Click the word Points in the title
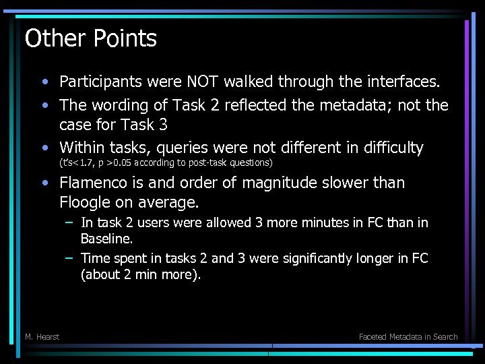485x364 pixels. coord(124,39)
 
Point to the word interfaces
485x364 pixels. coord(402,82)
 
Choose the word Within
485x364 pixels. coord(81,148)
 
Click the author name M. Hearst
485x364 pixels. coord(42,336)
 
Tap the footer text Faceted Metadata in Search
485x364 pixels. coord(408,336)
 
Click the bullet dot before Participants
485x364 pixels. coord(44,83)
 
